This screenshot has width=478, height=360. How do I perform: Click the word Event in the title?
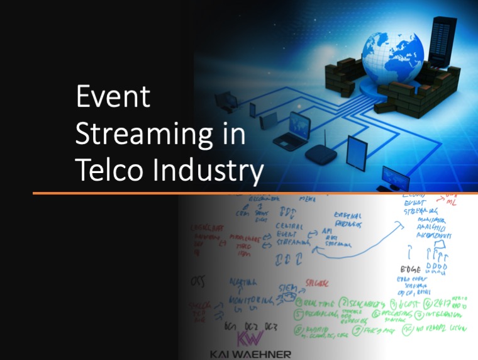pos(113,98)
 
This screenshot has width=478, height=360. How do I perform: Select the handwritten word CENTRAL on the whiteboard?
pos(289,227)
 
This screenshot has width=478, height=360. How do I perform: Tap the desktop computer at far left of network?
pos(225,101)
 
